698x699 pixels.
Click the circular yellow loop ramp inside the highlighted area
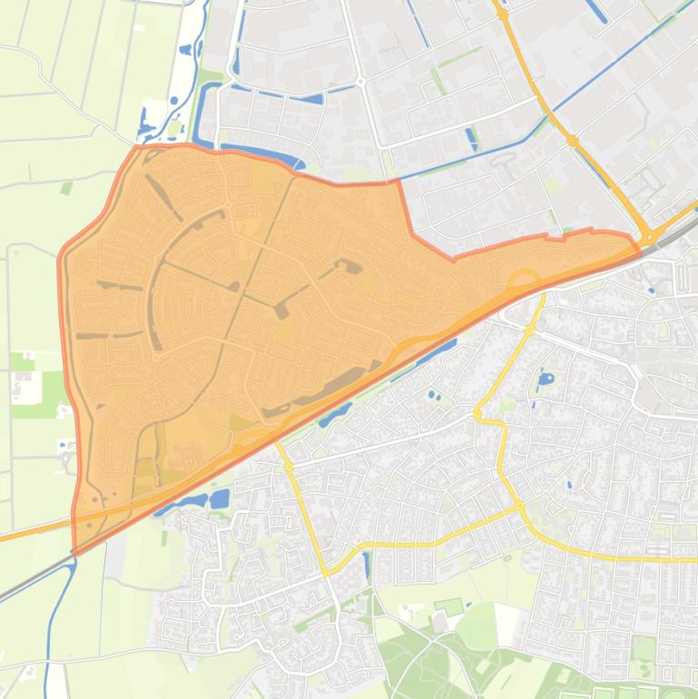525,281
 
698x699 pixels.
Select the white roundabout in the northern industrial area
361,82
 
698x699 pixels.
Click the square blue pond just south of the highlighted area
220,498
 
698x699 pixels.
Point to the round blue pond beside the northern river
173,101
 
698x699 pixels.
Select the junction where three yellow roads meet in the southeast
520,506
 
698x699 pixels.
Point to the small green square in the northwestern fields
66,189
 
